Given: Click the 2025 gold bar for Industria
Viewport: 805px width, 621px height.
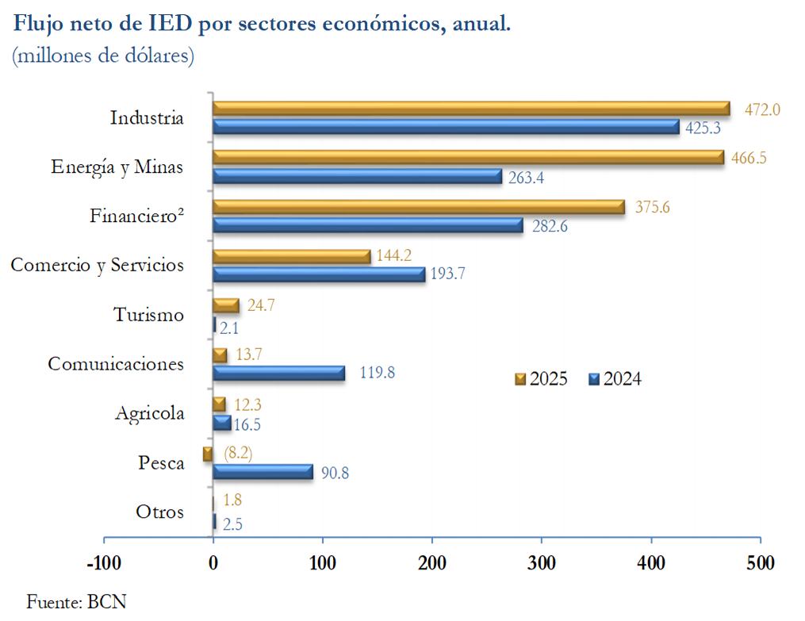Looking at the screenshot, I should click(471, 109).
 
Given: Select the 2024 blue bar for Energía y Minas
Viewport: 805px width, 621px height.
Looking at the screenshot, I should click(357, 176).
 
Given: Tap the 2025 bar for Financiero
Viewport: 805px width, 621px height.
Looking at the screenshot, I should click(418, 207).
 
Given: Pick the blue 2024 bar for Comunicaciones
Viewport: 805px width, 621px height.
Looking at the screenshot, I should click(279, 373).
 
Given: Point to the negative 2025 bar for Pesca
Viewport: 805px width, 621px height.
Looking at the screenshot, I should click(208, 454).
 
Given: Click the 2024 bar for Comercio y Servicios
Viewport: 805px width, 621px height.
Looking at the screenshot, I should click(319, 274).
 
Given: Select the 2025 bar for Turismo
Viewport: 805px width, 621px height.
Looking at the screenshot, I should click(226, 305).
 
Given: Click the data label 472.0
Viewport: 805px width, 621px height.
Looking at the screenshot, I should click(762, 109).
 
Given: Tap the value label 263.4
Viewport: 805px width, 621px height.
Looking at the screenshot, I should click(527, 178).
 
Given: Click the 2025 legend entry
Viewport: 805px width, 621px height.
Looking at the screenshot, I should click(542, 379).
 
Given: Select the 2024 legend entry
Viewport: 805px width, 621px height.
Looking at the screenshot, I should click(615, 379).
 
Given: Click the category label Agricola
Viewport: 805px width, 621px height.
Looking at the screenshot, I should click(149, 413).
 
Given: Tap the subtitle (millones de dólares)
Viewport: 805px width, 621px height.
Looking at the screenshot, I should click(103, 57).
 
